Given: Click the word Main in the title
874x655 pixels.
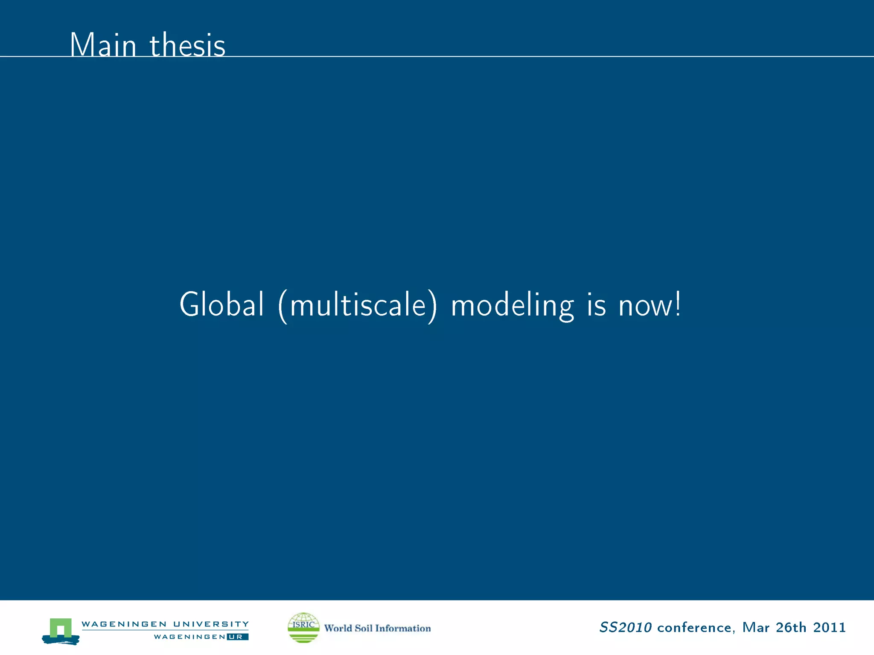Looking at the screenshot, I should pos(103,45).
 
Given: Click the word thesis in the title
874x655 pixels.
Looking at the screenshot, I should pos(187,45).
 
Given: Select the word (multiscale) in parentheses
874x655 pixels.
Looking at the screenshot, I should pos(358,306).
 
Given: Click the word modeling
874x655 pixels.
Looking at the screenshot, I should pos(513,306).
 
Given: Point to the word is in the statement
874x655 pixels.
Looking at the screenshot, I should pos(596,305).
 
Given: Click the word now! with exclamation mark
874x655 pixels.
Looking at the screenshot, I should pos(650,305).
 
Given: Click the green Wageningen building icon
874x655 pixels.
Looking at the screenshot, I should pos(61,630).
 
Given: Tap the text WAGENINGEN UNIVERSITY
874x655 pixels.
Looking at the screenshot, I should pos(165,624).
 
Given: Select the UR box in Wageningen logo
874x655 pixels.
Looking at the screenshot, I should pos(237,637).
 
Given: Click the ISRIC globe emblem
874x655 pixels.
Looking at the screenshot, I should pos(303,627).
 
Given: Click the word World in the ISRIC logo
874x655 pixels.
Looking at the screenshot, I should pos(338,628).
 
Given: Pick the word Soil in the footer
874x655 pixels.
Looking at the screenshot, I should pos(364,628).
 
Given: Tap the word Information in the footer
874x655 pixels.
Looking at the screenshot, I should pos(403,628).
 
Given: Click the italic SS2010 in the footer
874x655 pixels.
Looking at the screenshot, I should pos(625,627).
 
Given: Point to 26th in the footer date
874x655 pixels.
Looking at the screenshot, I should pos(791,627).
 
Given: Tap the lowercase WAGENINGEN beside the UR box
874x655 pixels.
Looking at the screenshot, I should pos(189,637).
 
